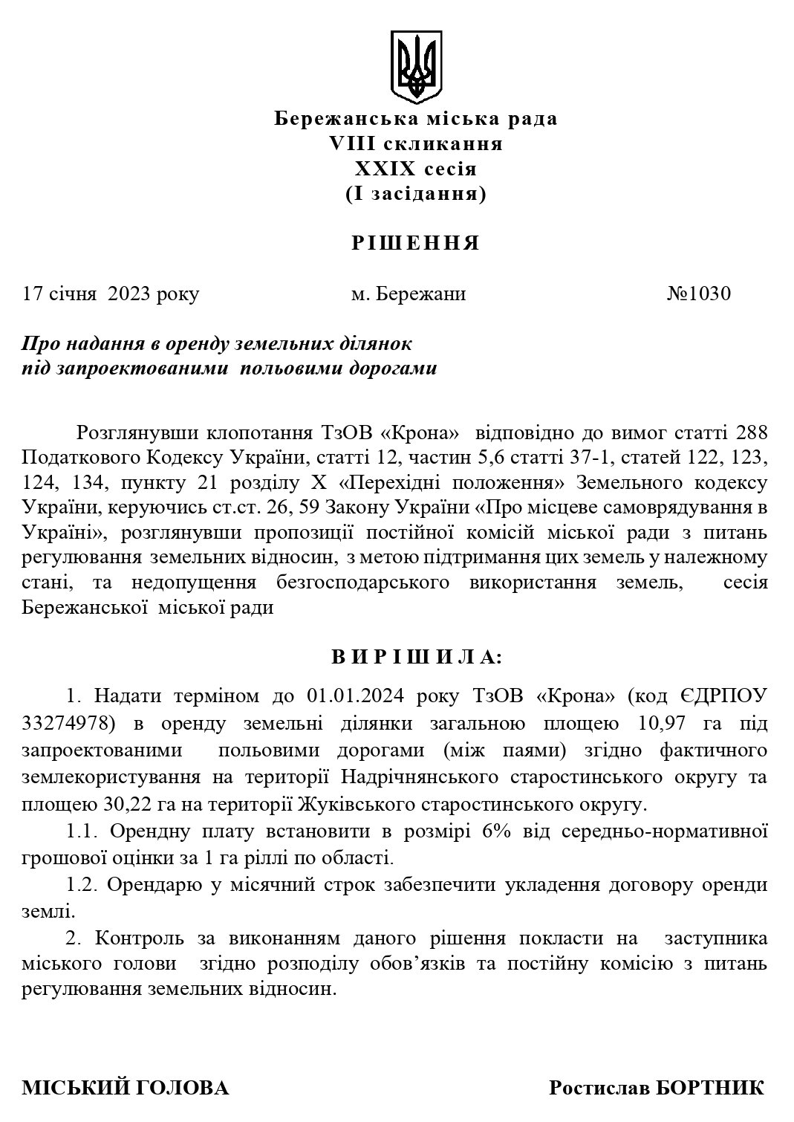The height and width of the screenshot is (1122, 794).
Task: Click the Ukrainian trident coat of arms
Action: tap(416, 67)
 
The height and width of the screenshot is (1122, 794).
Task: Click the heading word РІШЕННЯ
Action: tap(416, 243)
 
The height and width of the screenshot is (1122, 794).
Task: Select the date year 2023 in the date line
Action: tap(129, 294)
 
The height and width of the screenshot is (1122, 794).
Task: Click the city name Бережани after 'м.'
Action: tap(421, 294)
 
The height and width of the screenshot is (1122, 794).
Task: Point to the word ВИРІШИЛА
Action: tap(416, 657)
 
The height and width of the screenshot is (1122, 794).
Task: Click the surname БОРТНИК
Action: tap(711, 1089)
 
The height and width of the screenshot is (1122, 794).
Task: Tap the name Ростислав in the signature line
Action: tap(600, 1089)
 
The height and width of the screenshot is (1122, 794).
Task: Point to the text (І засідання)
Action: tap(416, 194)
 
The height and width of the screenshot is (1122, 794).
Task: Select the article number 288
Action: tap(751, 432)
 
